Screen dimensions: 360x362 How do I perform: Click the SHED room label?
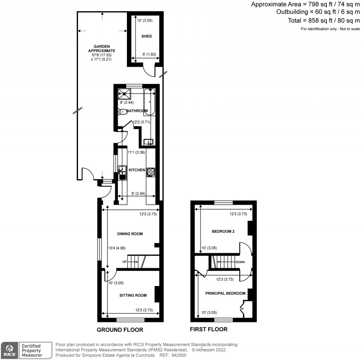tap(146, 36)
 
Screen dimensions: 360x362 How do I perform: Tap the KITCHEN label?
tap(136, 170)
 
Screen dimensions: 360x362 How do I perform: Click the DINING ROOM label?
tap(130, 234)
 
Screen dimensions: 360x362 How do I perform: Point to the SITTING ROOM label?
tap(133, 295)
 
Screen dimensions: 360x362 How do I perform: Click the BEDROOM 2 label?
tap(223, 232)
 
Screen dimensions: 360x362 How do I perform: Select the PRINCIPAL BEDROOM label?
tap(225, 293)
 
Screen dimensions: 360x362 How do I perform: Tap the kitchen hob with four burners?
tap(151, 172)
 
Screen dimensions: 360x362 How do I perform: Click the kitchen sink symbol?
tap(122, 172)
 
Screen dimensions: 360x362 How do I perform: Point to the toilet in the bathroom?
tap(122, 112)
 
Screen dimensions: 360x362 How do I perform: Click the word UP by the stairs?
tap(124, 262)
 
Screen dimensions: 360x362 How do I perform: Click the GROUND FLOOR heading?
tap(120, 330)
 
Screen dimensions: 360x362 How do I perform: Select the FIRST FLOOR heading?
tap(209, 329)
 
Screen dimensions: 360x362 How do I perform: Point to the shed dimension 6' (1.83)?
tap(148, 54)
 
